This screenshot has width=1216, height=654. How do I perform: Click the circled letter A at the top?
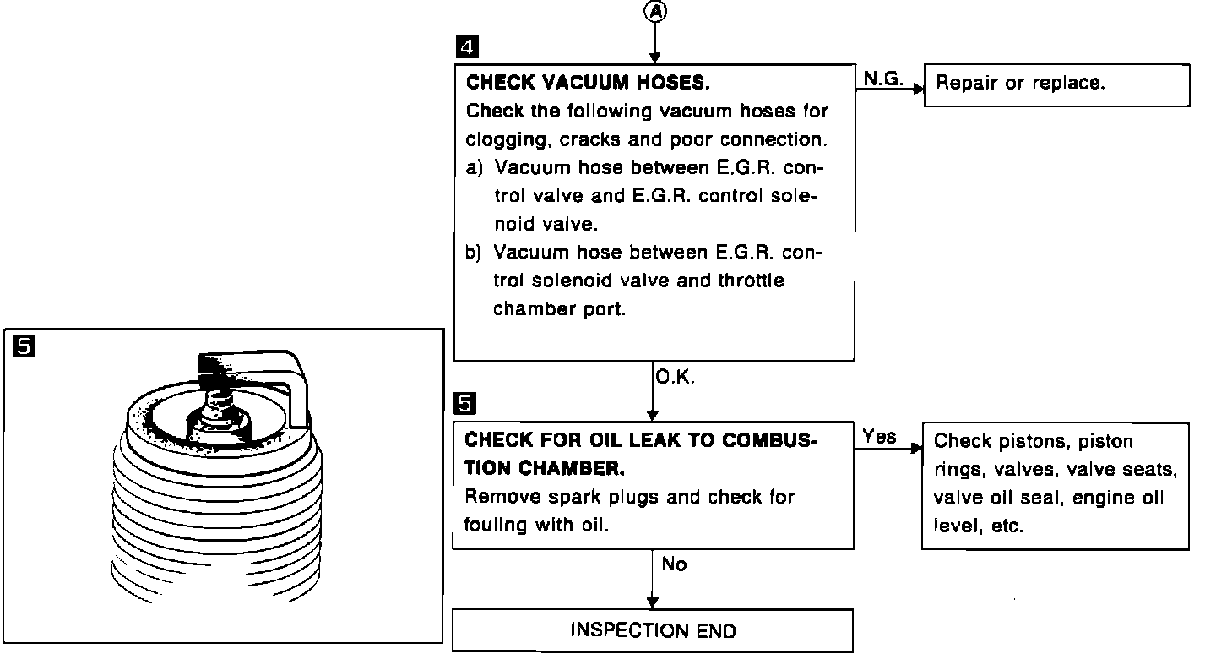pos(654,11)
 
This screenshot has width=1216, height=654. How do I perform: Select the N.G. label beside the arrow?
pos(883,78)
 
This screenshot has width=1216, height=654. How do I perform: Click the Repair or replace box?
pos(1056,84)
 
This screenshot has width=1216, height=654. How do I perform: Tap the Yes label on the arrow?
pos(880,436)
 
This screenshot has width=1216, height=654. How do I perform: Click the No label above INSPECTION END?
pos(674,564)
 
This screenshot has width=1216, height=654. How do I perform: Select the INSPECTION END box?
pos(653,630)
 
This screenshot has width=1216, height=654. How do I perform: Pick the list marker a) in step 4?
pos(475,167)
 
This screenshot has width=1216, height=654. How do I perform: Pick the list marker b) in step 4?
pos(475,253)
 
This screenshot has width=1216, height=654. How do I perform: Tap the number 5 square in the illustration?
pos(25,346)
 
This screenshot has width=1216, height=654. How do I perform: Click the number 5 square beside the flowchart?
pos(464,405)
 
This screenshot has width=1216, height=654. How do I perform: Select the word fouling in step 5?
pos(496,525)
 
